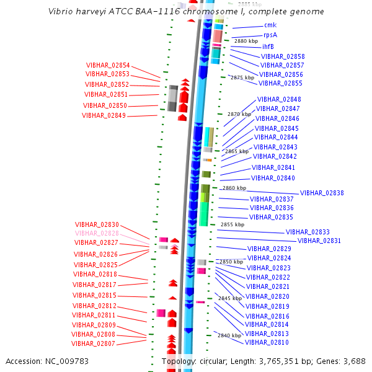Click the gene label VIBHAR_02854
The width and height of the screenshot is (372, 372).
coord(108,65)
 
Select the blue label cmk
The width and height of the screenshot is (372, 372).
coord(270,25)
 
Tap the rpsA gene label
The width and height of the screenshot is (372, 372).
coord(270,35)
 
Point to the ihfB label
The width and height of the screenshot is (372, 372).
coord(268,46)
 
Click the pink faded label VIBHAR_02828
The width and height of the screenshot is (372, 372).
coord(97,233)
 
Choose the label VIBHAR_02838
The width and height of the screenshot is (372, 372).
coord(322,193)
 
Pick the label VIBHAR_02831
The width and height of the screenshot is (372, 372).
coord(319,241)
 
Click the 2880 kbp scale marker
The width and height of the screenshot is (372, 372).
coord(246,41)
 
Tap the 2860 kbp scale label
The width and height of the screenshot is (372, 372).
coord(234,188)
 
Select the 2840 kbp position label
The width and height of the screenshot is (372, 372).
coord(229,335)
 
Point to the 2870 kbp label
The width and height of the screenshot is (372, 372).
coord(239,114)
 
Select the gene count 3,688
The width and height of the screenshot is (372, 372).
coord(354,361)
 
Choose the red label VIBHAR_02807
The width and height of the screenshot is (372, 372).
coord(94,343)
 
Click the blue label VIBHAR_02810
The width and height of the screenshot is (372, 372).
coord(267,342)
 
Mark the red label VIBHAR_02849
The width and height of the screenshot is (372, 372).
coord(104,115)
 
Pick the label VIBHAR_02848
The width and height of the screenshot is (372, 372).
coord(279,99)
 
